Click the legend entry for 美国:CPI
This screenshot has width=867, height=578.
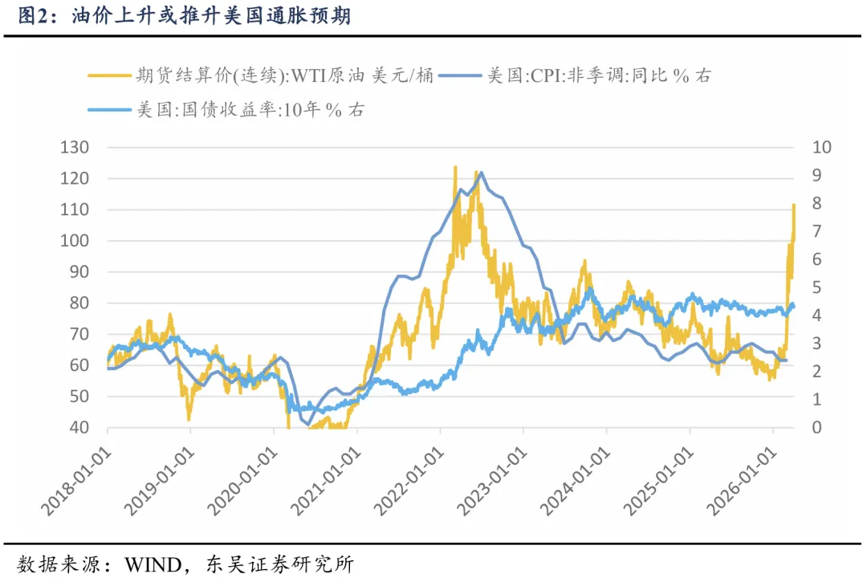point(598,76)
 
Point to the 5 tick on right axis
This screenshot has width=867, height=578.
point(796,287)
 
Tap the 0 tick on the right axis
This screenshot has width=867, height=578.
point(796,428)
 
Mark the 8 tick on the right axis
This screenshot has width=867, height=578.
point(796,204)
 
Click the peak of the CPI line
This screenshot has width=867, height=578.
point(480,173)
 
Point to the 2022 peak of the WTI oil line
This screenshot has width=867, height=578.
point(455,167)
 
